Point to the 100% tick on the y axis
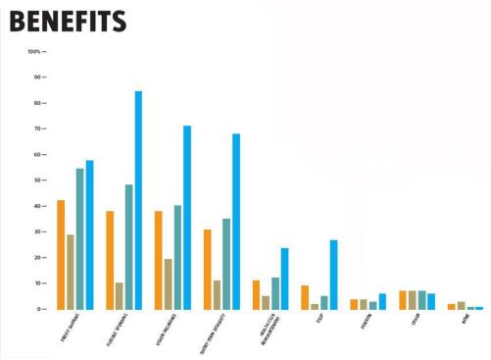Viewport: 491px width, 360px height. pos(35,51)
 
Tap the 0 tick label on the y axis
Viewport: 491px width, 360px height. pos(42,309)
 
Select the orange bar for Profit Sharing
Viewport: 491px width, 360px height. pos(61,255)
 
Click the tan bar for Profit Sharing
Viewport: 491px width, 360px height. pos(71,272)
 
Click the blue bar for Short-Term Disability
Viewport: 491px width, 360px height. pos(236,222)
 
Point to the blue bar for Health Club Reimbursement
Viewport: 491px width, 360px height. pos(285,279)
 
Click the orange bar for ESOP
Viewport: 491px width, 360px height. pos(305,297)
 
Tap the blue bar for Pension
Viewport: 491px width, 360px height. pos(382,302)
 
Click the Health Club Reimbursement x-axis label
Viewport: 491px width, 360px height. pos(264,334)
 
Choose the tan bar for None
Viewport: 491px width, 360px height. pos(461,305)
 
